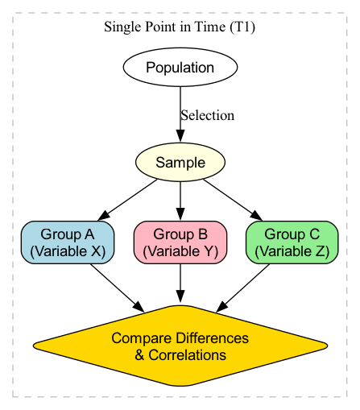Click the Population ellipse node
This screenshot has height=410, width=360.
point(180,67)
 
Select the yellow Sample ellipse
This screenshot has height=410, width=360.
point(180,163)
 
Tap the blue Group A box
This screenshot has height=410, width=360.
point(67,242)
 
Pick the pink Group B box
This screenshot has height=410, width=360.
point(180,242)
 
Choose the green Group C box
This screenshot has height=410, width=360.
point(292,242)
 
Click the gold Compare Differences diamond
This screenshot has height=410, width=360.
point(180,346)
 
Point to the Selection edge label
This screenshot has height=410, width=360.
point(207,115)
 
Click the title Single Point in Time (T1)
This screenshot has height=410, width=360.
point(180,27)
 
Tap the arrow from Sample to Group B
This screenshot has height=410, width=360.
point(180,201)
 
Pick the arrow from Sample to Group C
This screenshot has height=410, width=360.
point(232,200)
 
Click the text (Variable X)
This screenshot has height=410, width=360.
point(67,251)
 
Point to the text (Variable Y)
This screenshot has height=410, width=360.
point(180,251)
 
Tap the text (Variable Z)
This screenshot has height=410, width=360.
point(292,251)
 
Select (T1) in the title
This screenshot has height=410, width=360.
point(242,27)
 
